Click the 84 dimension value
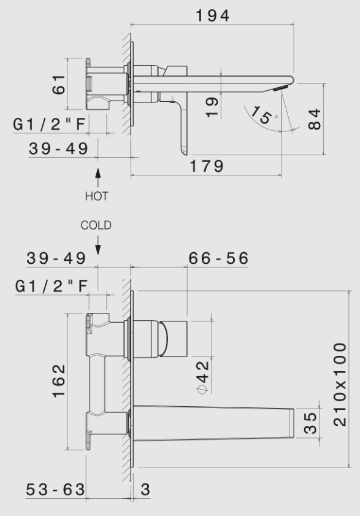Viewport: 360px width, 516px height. pos(315,119)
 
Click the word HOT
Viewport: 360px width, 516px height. pos(96,196)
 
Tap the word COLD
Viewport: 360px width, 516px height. pos(96,225)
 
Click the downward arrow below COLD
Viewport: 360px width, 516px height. pos(97,244)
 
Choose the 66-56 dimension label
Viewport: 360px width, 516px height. pos(218,258)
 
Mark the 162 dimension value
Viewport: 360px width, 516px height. pos(58,380)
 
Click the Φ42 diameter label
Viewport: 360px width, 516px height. pos(202,379)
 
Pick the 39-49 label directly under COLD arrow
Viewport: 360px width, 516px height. pos(56,258)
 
